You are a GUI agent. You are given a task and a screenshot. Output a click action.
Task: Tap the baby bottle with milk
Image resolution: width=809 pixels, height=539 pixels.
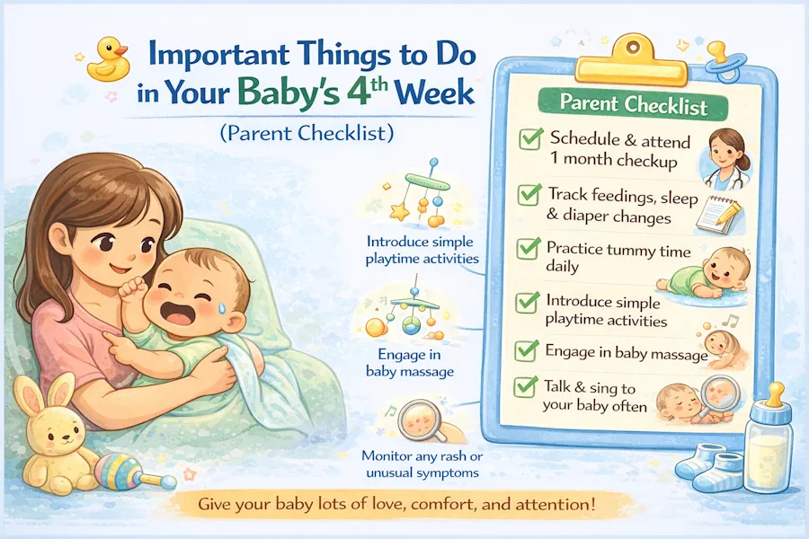[x=769, y=437]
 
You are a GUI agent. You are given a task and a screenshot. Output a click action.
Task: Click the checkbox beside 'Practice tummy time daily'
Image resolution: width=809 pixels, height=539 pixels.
[x=529, y=249]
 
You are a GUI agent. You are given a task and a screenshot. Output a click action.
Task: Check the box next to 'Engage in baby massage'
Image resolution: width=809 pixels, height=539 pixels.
[x=527, y=350]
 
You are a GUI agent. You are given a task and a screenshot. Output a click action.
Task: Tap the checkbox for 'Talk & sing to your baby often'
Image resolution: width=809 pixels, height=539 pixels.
[x=526, y=387]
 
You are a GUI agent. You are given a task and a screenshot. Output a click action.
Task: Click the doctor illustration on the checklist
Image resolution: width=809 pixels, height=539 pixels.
[x=725, y=158]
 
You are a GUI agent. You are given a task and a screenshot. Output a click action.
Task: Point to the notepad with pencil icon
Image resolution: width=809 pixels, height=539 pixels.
[x=718, y=214]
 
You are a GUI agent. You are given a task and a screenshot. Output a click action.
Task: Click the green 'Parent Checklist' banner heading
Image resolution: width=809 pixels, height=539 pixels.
[x=633, y=105]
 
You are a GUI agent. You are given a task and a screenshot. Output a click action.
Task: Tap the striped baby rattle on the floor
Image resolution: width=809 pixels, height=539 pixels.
[x=134, y=472]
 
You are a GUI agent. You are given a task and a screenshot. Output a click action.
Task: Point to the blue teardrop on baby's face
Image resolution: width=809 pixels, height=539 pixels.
[x=221, y=307]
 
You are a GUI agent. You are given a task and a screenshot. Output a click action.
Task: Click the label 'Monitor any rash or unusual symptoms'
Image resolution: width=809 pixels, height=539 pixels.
[x=422, y=464]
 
